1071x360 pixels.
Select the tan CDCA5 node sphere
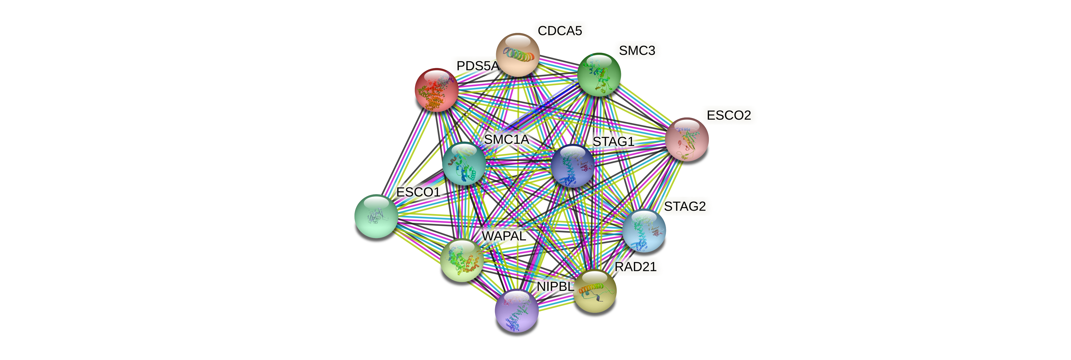coord(518,55)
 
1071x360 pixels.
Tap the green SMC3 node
coord(599,75)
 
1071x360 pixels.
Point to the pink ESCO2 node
coord(687,139)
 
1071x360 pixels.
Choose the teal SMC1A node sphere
coord(463,164)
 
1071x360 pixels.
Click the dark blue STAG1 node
coord(572,166)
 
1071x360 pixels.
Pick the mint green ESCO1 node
coord(376,216)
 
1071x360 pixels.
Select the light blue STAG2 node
coord(644,231)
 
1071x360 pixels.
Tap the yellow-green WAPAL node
coord(461,260)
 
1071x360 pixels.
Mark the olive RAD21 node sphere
coord(595,290)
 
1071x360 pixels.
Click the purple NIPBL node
coord(516,310)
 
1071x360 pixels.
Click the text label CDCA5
coord(560,31)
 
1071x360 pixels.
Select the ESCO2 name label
coord(729,115)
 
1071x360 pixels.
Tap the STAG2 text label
coord(685,206)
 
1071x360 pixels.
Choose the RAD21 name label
coord(635,267)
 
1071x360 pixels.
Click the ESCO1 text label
coord(418,192)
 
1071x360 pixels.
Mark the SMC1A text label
coord(506,139)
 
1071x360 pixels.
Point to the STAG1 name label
coord(613,142)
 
